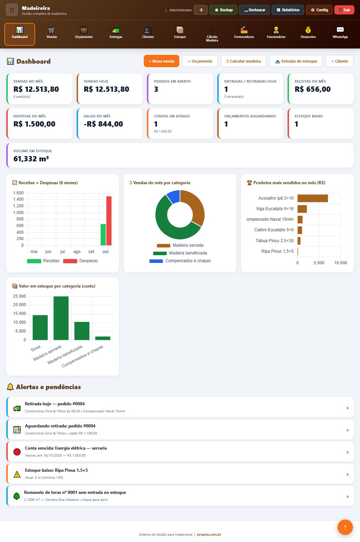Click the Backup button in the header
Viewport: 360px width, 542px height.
223,10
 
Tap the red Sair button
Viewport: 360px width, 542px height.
344,10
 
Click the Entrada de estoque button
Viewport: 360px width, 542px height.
296,61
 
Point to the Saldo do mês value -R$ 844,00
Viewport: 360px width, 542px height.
103,124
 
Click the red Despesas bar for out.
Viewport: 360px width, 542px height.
109,221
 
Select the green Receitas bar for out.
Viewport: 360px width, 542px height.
103,235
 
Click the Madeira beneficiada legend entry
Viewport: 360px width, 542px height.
180,253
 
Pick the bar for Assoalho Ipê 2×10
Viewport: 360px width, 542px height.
313,198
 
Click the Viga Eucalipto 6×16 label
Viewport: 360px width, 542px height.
275,209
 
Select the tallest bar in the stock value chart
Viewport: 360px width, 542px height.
61,318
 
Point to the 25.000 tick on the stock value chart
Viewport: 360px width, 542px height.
19,296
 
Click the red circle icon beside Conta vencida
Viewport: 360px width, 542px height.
17,452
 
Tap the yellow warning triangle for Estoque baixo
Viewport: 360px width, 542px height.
17,475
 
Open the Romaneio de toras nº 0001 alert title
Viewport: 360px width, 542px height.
75,492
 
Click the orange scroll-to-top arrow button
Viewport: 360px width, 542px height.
345,527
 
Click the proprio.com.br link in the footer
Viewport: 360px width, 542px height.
209,535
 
